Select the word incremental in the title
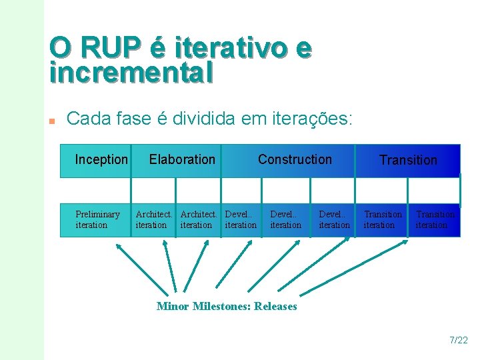131,72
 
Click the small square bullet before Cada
52,121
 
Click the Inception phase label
101,159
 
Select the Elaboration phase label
182,159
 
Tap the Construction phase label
295,159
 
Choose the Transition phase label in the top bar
408,160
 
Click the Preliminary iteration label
97,219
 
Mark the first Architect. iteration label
153,219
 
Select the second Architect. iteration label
198,219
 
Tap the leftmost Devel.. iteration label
241,219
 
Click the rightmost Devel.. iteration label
334,219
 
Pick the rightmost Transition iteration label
435,219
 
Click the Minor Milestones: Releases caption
227,306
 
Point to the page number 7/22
459,341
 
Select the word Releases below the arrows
275,306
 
